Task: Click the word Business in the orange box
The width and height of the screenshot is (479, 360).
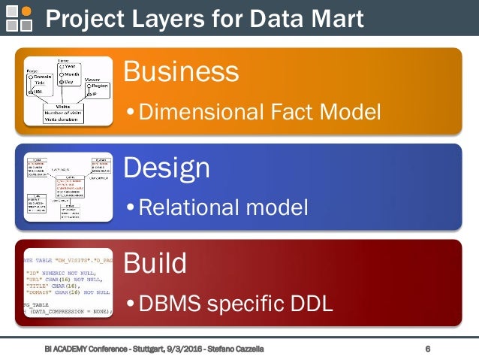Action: [x=181, y=72]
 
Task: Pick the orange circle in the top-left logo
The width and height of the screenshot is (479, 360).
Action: [x=27, y=11]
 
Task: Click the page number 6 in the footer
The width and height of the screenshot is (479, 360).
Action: [x=428, y=349]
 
